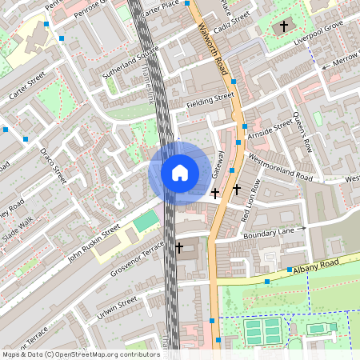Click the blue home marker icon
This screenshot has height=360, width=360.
click(x=179, y=172)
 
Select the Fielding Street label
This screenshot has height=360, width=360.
click(x=210, y=100)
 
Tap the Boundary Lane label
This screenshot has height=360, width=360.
click(x=270, y=233)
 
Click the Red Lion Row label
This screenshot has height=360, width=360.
click(x=249, y=200)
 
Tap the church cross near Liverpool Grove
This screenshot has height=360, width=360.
click(x=284, y=27)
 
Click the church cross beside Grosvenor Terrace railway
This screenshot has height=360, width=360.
click(x=179, y=248)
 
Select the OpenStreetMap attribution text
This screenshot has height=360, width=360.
click(x=81, y=354)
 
